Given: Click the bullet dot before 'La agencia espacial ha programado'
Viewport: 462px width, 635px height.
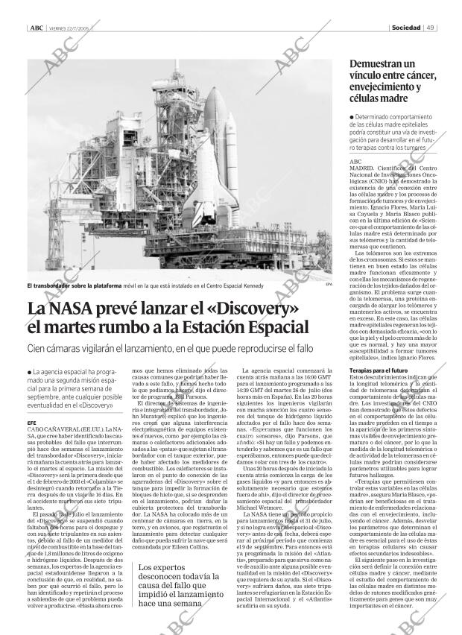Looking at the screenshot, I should pos(28,373).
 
